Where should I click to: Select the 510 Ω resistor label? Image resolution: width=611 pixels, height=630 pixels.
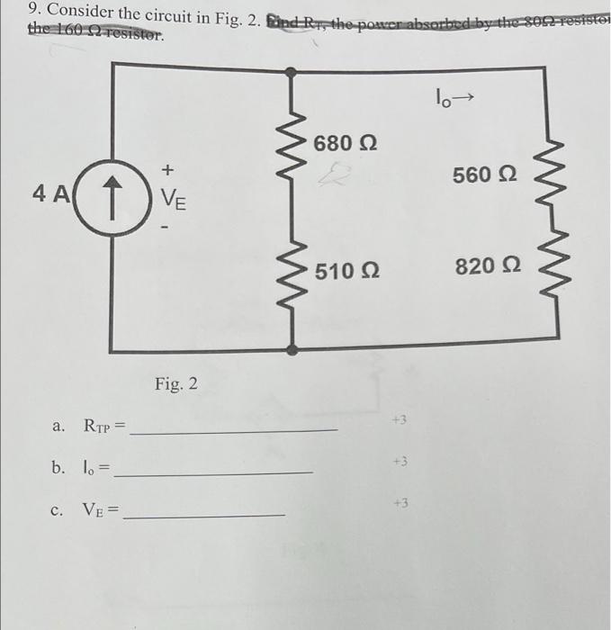(x=347, y=268)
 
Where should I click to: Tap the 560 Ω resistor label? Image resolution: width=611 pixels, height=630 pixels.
(x=485, y=175)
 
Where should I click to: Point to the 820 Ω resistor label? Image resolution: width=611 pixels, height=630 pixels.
(x=487, y=266)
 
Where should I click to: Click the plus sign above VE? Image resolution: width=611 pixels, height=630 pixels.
(x=168, y=169)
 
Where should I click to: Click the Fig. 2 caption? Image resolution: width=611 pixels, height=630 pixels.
(x=175, y=384)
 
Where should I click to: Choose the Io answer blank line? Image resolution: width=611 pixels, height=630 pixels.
(x=216, y=472)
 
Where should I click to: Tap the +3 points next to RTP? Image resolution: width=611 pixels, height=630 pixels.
(x=400, y=420)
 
